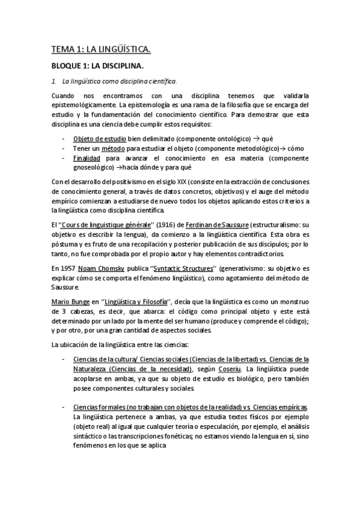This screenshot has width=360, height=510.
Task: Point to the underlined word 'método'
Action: click(120, 149)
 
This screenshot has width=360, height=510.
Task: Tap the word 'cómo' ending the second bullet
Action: click(295, 149)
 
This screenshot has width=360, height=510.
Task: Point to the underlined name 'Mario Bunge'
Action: click(69, 300)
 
